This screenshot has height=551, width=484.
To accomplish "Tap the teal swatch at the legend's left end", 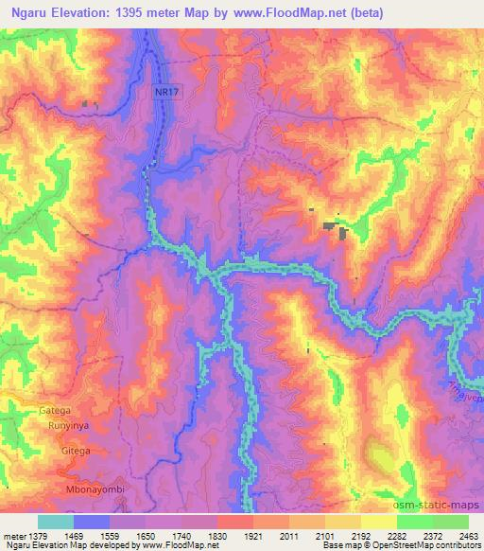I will pos(56,522).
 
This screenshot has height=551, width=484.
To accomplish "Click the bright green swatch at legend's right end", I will pos(450,522).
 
